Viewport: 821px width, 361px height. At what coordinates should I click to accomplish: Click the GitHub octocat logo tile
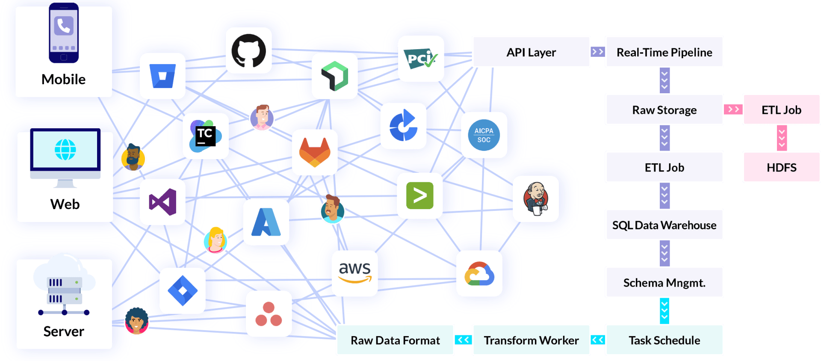(x=248, y=50)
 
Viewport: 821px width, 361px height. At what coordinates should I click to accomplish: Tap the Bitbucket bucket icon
(x=162, y=76)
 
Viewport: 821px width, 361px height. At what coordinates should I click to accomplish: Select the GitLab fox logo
(x=315, y=152)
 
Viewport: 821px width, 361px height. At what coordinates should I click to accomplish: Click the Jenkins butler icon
(x=536, y=199)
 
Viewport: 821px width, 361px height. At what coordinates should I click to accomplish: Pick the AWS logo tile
(x=354, y=273)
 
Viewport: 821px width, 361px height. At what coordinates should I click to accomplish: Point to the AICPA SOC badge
(x=484, y=135)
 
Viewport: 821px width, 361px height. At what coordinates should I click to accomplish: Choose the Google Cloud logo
(x=479, y=274)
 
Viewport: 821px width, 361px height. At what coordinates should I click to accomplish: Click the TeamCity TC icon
(x=206, y=136)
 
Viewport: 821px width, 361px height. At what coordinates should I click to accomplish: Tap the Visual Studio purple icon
(x=162, y=202)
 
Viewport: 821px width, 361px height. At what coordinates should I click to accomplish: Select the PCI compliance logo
(x=421, y=59)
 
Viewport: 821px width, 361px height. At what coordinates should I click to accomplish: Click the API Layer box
(x=531, y=52)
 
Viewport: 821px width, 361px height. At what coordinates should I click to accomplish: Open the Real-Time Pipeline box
(x=664, y=52)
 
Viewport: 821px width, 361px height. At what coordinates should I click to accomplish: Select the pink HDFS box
(x=781, y=167)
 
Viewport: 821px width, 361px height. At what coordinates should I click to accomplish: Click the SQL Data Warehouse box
(x=664, y=225)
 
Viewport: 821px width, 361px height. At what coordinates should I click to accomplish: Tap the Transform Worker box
(x=531, y=340)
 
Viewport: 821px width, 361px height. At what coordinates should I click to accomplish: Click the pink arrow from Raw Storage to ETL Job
(x=733, y=109)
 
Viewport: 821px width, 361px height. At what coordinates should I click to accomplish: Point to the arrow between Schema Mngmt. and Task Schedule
(x=664, y=311)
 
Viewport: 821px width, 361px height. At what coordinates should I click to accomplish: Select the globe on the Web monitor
(x=65, y=150)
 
